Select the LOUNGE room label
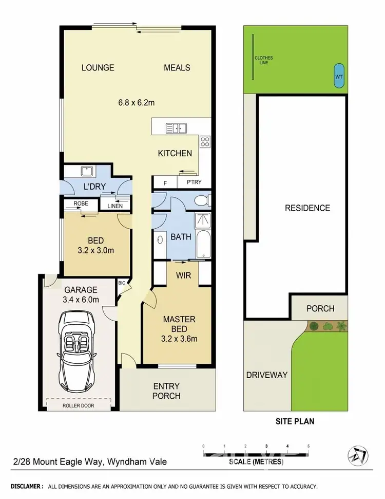pos(98,68)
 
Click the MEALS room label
pos(177,68)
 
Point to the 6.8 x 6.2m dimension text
pos(137,102)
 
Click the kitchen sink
pos(176,127)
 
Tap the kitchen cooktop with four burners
pos(205,140)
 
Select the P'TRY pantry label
pos(194,182)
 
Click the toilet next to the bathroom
pos(203,200)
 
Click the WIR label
pos(184,276)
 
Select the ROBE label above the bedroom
pos(81,204)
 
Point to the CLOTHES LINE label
pos(264,60)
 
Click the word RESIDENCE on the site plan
pos(307,208)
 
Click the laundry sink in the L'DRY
pos(85,171)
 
